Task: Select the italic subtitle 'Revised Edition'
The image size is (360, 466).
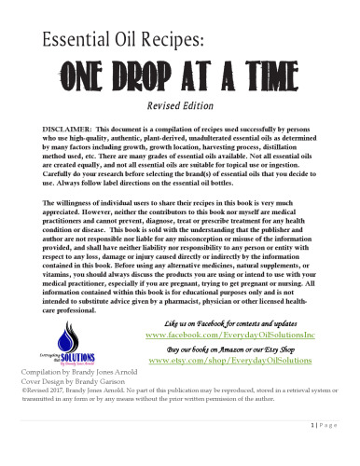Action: pyautogui.click(x=179, y=105)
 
